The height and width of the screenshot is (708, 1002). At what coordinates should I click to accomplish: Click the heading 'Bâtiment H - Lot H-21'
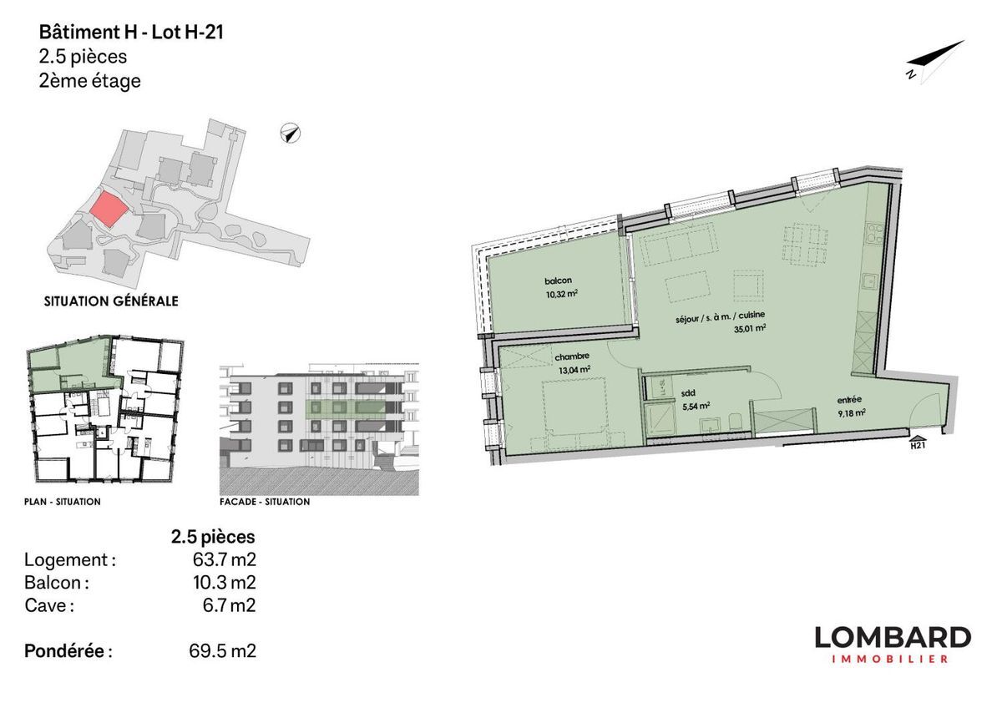(131, 33)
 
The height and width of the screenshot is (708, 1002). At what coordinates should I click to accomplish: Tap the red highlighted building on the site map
(109, 210)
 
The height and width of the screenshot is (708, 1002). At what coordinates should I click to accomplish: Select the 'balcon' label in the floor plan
(558, 281)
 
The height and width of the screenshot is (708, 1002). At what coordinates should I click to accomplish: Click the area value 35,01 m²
(750, 329)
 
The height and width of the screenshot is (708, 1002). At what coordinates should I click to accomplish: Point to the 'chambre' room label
(572, 357)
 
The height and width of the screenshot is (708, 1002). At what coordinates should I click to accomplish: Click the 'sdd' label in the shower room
(688, 393)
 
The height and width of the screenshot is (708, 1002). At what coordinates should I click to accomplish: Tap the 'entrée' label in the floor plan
(849, 400)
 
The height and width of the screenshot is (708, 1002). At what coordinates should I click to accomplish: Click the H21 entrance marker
(918, 442)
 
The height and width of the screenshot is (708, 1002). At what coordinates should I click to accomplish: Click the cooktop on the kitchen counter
(875, 235)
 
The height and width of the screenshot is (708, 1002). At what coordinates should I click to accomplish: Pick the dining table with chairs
(805, 244)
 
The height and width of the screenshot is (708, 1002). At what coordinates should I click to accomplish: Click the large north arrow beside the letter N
(936, 57)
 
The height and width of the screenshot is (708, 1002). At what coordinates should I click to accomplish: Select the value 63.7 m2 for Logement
(224, 559)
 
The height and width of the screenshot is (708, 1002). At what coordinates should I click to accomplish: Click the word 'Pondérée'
(64, 650)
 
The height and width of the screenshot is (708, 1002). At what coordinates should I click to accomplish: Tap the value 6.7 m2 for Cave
(229, 605)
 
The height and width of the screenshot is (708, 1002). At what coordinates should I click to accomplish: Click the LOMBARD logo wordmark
(893, 637)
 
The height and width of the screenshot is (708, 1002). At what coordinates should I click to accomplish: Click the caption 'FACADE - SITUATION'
(265, 502)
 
